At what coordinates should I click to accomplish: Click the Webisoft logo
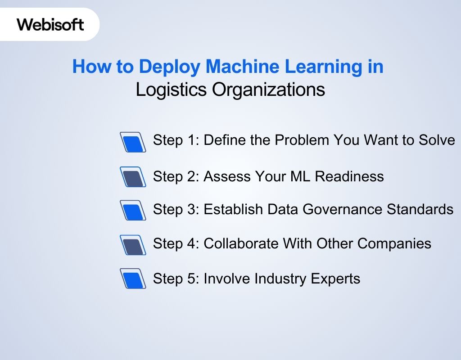click(x=50, y=24)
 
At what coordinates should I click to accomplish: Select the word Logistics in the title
click(x=171, y=90)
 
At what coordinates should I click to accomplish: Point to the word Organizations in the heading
click(x=268, y=90)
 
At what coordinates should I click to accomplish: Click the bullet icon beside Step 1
click(x=133, y=142)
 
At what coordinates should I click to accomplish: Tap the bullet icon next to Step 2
click(x=133, y=177)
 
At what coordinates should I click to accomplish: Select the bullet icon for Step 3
click(x=133, y=210)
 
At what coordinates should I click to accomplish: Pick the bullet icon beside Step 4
click(x=133, y=244)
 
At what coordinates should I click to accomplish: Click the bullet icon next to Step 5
click(x=133, y=279)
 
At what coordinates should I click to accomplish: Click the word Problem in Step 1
click(x=302, y=140)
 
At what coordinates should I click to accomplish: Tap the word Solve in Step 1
click(x=436, y=140)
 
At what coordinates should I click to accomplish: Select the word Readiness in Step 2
click(x=349, y=176)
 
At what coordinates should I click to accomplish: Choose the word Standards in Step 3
click(x=425, y=209)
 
